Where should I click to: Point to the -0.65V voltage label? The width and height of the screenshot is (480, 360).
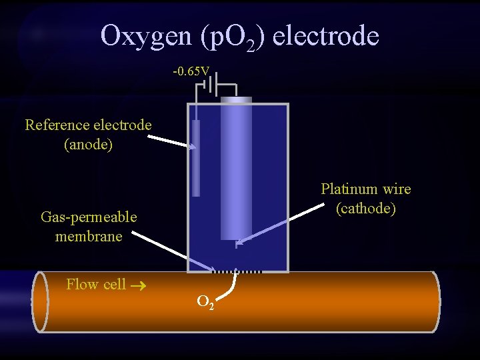[191, 71]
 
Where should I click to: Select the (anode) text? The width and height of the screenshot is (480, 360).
[88, 144]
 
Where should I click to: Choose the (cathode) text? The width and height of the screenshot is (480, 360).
[365, 208]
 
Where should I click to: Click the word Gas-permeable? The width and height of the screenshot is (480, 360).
[89, 217]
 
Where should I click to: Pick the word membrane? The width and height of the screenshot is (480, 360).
[89, 236]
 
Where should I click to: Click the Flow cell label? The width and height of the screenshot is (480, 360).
[96, 284]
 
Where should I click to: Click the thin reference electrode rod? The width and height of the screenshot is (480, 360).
[196, 158]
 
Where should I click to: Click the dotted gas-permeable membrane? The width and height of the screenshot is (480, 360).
[237, 271]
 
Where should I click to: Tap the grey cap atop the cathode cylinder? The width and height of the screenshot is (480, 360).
[236, 100]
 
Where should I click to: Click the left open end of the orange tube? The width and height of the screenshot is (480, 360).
[40, 301]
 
